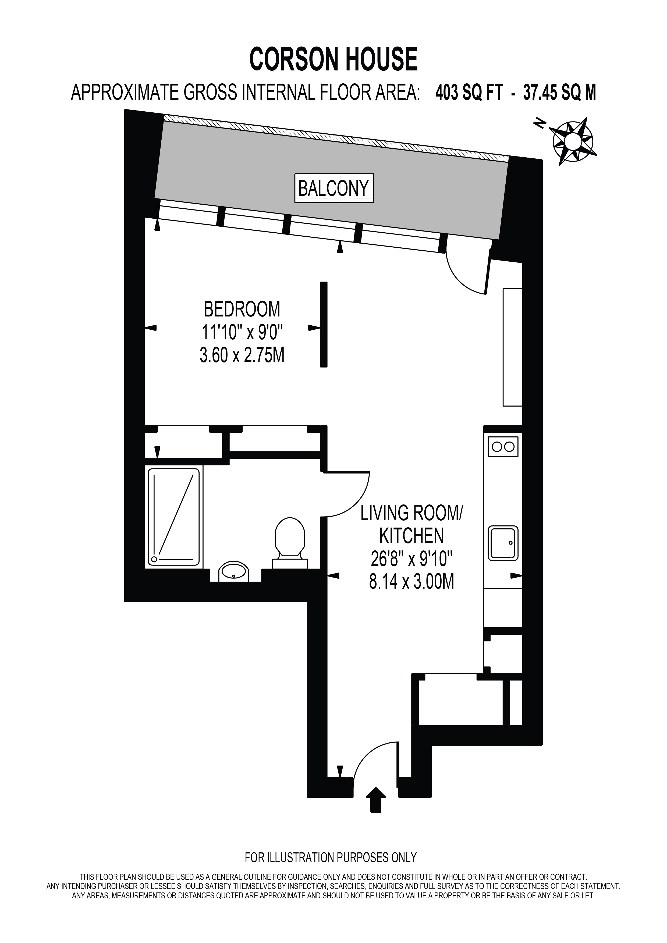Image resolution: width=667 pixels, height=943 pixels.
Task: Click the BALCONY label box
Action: (334, 188)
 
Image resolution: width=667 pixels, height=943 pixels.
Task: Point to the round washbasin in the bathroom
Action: (234, 571)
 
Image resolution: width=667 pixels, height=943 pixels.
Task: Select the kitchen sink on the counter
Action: (503, 543)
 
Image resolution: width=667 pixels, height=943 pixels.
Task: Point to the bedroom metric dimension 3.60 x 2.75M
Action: (242, 355)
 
